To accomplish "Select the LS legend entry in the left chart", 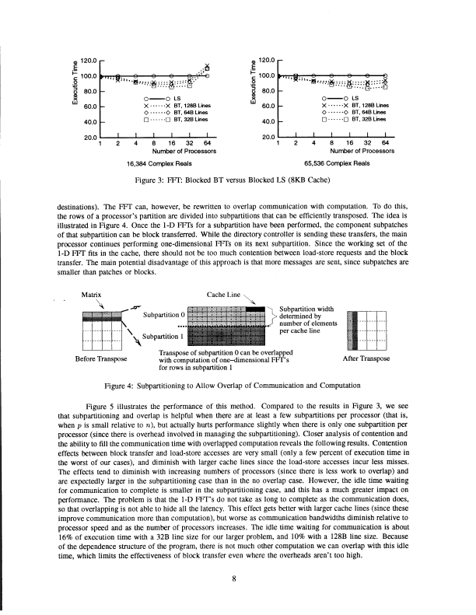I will click(177, 99).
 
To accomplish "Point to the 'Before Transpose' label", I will click(98, 358).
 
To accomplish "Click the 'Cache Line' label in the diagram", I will click(223, 295).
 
